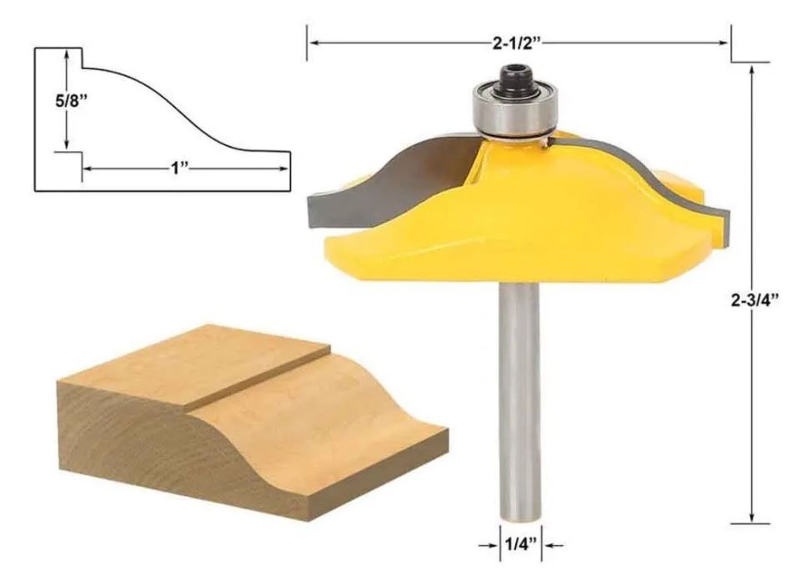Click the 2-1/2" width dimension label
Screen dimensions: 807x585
pyautogui.click(x=517, y=43)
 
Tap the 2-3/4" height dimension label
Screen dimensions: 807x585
pyautogui.click(x=754, y=300)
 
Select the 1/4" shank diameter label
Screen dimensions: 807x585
pyautogui.click(x=520, y=543)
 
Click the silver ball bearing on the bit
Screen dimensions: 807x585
pyautogui.click(x=514, y=109)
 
